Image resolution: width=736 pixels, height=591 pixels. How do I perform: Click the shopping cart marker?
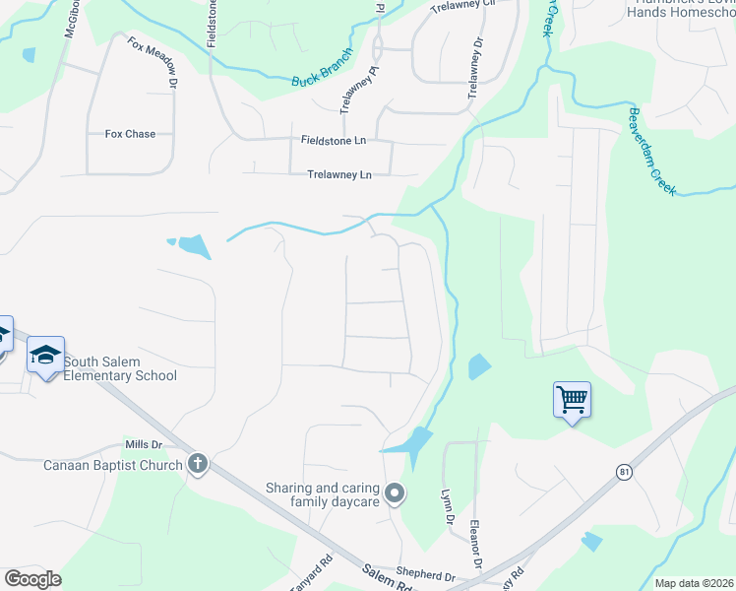(572, 400)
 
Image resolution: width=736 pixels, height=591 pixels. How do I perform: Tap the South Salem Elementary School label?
(120, 368)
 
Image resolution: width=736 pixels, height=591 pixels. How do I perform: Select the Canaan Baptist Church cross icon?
(198, 463)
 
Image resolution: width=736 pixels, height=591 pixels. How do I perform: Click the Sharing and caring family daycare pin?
(395, 492)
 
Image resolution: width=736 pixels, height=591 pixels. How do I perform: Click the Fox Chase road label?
(130, 134)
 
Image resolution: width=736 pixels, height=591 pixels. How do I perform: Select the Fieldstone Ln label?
(333, 141)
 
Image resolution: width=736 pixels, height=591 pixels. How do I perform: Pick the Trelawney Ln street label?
(339, 175)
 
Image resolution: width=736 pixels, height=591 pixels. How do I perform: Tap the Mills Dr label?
(143, 445)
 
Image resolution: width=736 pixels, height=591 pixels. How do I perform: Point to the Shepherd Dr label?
(425, 577)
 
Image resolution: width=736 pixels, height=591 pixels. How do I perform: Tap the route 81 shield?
(624, 472)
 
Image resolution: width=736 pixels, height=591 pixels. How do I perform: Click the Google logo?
(32, 579)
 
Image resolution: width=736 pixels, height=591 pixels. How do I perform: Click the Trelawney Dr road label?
(476, 68)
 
